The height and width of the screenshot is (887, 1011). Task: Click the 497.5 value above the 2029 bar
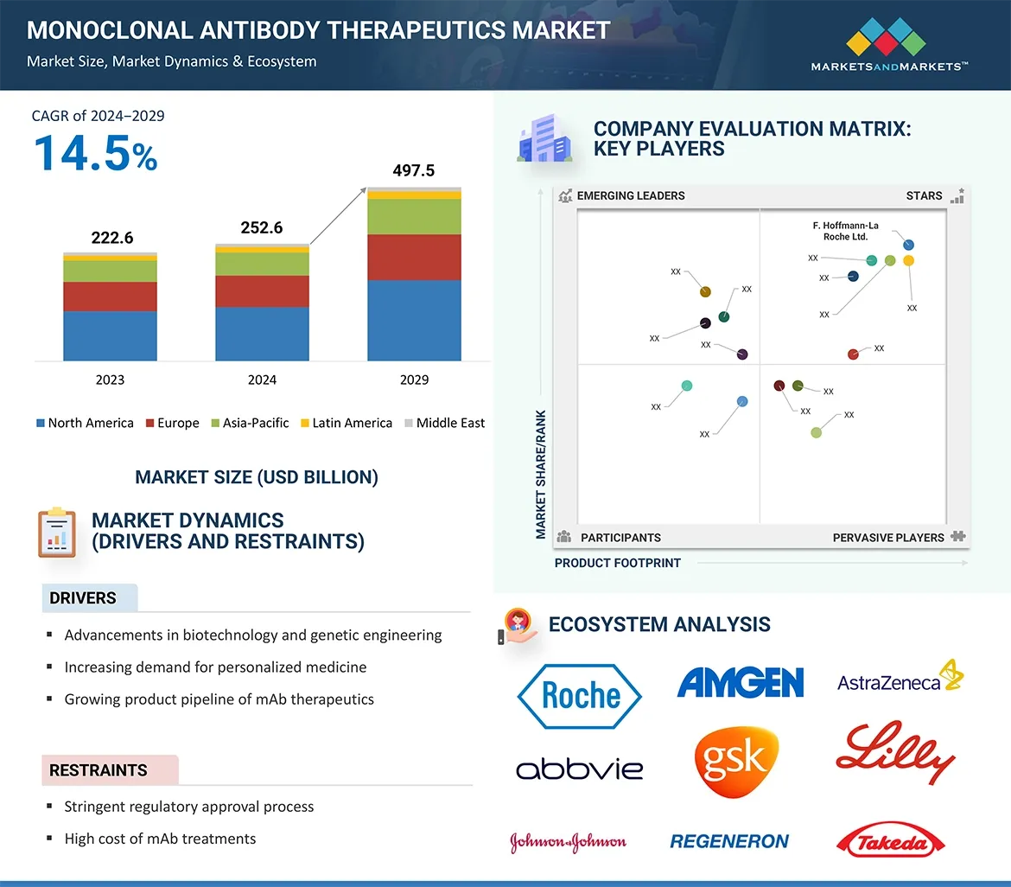(413, 170)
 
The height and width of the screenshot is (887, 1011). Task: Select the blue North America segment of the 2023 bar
(110, 335)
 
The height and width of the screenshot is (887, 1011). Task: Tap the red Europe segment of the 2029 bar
(414, 257)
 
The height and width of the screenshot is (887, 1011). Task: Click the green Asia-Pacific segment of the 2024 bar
(262, 264)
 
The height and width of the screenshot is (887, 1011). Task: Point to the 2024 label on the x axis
(262, 380)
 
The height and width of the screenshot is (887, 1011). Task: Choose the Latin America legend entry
(346, 423)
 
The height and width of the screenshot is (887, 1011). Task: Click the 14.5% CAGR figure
(95, 154)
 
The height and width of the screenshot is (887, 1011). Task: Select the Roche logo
(579, 695)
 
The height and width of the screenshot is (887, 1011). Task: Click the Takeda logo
(891, 841)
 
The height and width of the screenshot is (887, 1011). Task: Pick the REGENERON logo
(729, 841)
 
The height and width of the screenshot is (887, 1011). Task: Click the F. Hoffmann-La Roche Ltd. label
(845, 231)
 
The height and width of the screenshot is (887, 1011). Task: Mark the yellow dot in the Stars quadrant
(908, 260)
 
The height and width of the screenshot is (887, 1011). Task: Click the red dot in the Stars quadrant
(853, 354)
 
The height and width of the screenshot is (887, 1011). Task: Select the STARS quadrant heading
(924, 195)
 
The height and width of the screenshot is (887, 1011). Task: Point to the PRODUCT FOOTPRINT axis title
(617, 563)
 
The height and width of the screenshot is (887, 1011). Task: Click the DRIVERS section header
(83, 598)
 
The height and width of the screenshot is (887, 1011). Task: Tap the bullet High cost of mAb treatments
(160, 839)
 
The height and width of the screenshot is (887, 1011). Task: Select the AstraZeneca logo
(900, 680)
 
